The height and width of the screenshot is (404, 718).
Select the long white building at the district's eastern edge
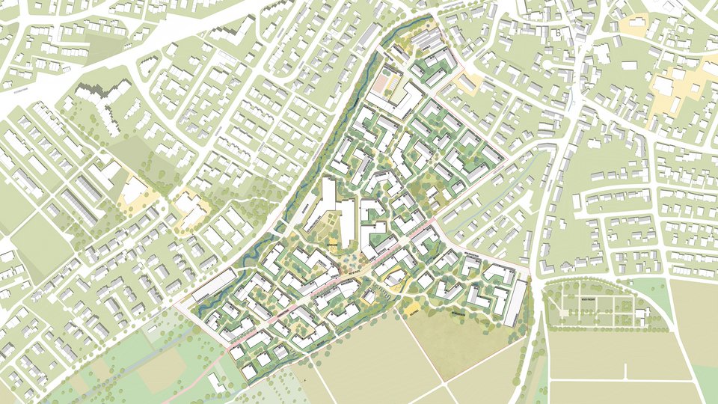click(x=515, y=302)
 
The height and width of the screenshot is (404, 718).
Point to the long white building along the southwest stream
click(x=214, y=287)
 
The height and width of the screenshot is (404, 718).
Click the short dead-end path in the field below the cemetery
click(x=626, y=370)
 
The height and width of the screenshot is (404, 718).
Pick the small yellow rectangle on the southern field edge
click(x=414, y=307)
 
